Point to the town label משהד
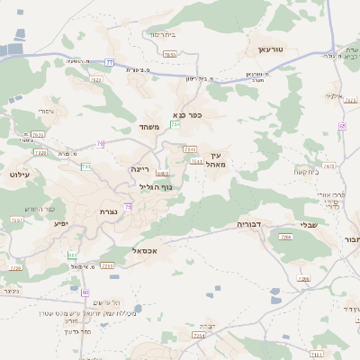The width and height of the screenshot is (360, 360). click(x=149, y=128)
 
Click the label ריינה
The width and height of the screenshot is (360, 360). click(x=140, y=168)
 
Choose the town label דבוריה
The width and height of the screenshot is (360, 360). click(x=250, y=222)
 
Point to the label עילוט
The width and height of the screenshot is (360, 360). click(x=20, y=175)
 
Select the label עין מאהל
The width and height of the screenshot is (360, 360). click(x=212, y=159)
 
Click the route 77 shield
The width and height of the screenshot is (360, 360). click(x=109, y=61)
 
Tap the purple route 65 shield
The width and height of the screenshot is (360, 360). click(x=342, y=126)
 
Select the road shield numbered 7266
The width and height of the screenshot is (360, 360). click(x=286, y=238)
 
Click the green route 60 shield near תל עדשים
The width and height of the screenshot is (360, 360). click(x=85, y=292)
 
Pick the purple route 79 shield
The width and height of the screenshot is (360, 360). click(x=100, y=143)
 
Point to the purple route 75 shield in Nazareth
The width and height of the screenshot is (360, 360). click(x=129, y=207)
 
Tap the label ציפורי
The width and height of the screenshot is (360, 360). click(x=46, y=112)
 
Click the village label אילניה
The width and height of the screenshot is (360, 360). click(x=334, y=95)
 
